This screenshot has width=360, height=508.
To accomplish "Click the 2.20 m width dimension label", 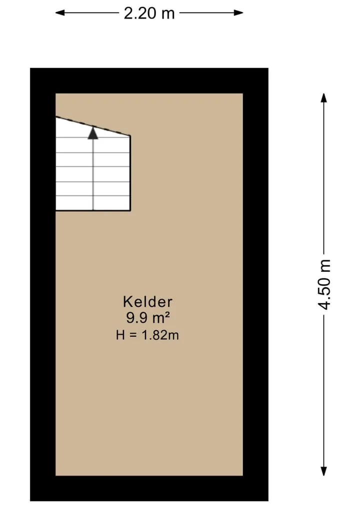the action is point(149,13).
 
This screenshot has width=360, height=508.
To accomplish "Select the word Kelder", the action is point(147,302).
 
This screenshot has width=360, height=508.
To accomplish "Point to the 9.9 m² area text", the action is point(148,318).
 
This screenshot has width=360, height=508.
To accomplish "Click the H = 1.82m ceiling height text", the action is point(147,335).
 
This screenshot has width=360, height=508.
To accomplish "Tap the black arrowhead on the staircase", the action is point(93,133).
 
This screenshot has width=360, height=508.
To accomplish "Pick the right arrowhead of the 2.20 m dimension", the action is point(238,13).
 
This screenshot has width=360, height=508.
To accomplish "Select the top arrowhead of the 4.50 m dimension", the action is point(323,98).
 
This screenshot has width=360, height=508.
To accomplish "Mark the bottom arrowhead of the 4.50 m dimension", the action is point(323,471).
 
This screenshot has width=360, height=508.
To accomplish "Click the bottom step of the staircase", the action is point(93,203).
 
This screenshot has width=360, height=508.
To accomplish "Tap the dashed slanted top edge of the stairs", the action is point(93,126).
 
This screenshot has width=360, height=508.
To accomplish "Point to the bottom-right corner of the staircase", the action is point(130,211).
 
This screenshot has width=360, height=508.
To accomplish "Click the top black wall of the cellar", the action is point(149,81).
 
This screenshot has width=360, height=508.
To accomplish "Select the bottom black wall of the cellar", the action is point(149,488).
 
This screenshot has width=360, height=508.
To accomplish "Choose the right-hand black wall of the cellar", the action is point(255,284).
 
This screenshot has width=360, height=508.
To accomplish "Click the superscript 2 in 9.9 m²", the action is point(167,314).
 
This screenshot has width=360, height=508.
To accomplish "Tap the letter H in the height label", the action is point(120,335).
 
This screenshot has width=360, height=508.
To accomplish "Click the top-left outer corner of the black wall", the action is point(30,68).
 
